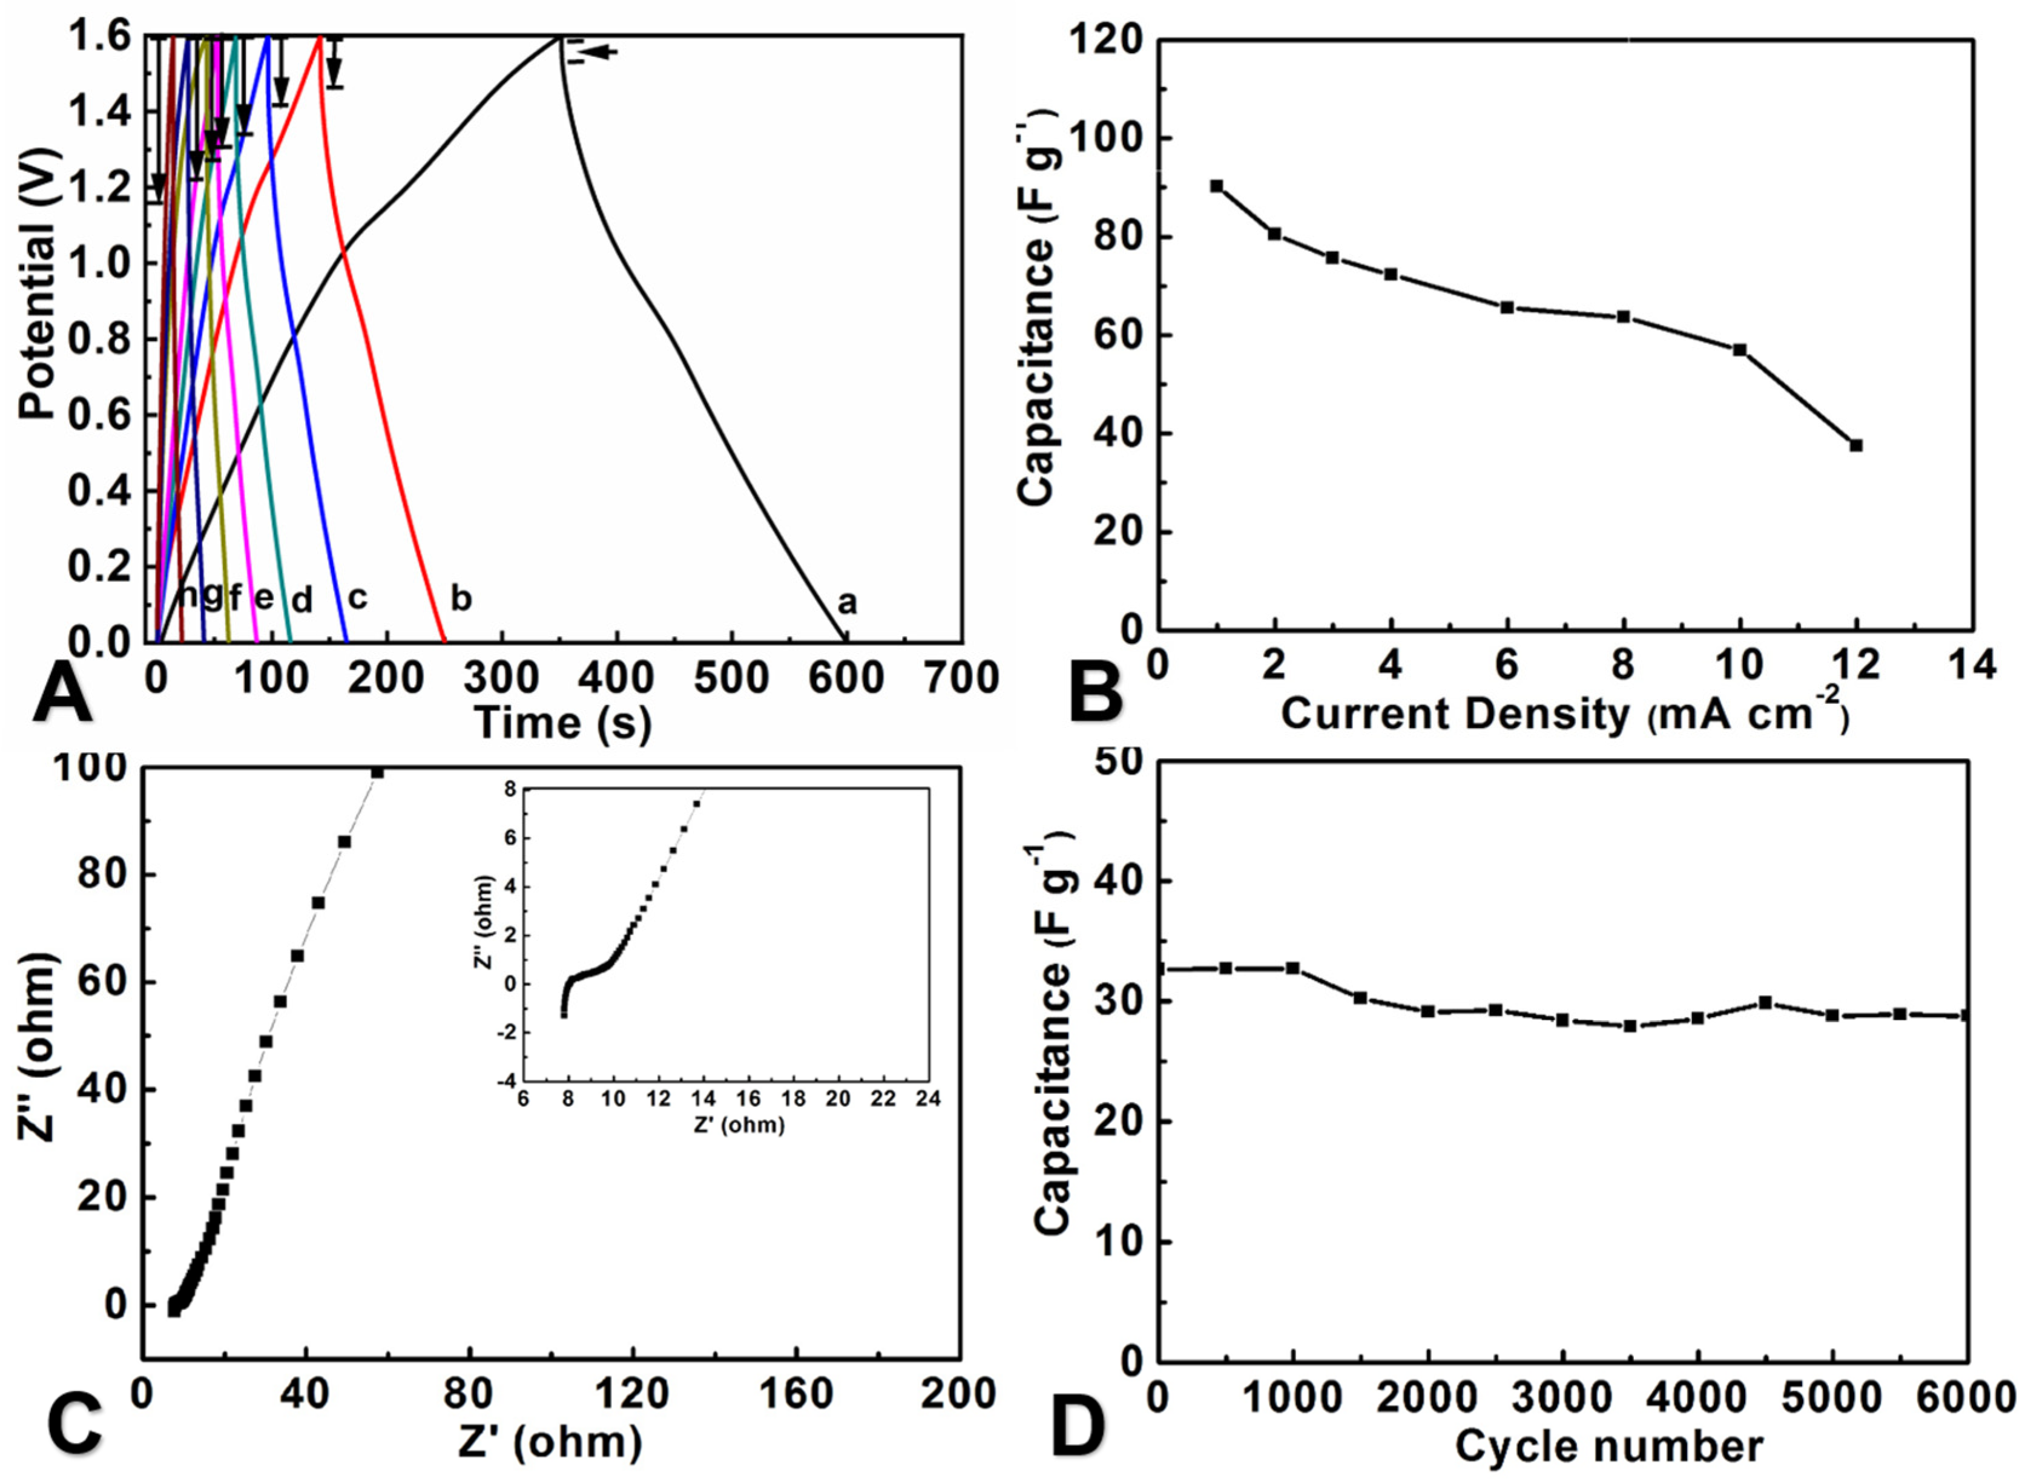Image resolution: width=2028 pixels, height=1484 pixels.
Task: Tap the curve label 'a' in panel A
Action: tap(846, 603)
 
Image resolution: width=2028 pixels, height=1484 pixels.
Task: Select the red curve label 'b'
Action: tap(460, 599)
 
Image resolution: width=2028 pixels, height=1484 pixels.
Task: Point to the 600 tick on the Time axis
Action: tap(846, 677)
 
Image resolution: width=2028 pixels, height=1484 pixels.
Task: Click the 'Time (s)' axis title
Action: tap(562, 723)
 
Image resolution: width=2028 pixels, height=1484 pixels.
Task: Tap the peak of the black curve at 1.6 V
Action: tap(559, 38)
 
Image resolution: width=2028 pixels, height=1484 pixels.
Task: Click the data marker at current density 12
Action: tap(1855, 445)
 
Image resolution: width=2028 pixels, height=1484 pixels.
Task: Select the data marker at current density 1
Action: tap(1217, 186)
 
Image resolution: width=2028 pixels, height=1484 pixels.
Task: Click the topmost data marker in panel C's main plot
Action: tap(377, 772)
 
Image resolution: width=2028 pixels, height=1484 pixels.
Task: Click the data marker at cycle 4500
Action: tap(1765, 1002)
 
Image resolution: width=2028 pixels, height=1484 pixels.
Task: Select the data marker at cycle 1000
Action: tap(1293, 968)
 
